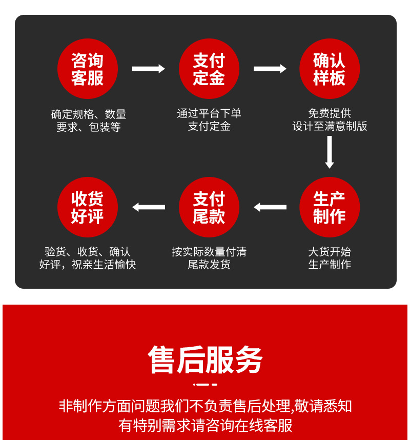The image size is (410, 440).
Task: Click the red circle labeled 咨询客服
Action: coord(88,69)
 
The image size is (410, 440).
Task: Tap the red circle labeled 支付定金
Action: coord(209,69)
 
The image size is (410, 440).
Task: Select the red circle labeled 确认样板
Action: coord(329,69)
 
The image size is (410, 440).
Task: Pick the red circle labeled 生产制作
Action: coord(329,207)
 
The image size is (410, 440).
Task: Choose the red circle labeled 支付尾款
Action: coord(209,207)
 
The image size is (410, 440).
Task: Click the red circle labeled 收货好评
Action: coord(88,207)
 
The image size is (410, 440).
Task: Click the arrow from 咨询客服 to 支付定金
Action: coord(148,69)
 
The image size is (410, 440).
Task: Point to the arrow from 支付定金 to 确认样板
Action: coord(270,69)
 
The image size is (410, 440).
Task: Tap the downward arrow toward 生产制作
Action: coord(329,151)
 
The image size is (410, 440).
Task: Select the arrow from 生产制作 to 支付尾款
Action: coord(270,207)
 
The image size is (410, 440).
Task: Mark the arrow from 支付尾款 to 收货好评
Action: coord(148,207)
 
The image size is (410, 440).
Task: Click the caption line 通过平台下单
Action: coord(209,113)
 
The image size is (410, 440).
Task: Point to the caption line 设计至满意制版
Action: coord(330,126)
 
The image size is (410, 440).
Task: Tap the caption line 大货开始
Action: coord(330,252)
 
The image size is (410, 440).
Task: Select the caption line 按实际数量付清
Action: coord(209,252)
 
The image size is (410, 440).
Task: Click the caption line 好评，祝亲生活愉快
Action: coord(88,265)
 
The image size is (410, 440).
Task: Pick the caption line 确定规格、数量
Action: coord(88,114)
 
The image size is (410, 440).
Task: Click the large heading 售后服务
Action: coord(205,359)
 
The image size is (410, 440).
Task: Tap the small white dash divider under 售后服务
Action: coord(205,384)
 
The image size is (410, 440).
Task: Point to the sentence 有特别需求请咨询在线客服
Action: coord(205,425)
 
